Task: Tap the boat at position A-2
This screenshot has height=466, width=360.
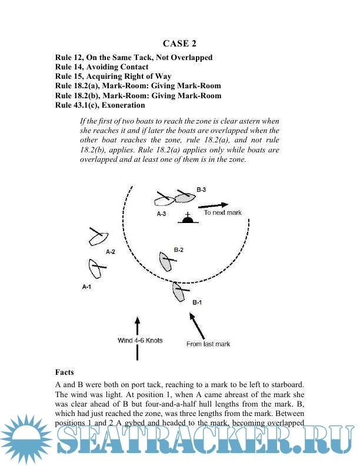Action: click(x=96, y=237)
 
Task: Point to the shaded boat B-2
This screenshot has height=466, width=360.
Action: click(x=166, y=261)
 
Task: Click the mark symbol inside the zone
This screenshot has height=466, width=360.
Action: click(x=188, y=219)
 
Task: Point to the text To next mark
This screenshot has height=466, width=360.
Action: click(x=222, y=213)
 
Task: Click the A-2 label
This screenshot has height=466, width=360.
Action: click(x=110, y=251)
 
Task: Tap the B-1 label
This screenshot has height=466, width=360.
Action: click(x=198, y=302)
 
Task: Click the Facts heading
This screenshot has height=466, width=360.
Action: click(x=65, y=372)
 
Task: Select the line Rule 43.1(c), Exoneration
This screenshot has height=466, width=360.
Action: click(x=99, y=105)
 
